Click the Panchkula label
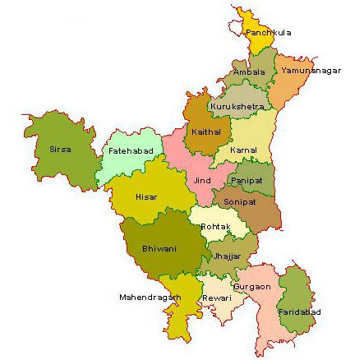(x=268, y=33)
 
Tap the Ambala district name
(x=249, y=72)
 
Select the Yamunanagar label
(x=310, y=72)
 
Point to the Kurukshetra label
(x=237, y=107)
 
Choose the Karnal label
(x=243, y=150)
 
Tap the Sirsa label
(x=61, y=150)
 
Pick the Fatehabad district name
(x=127, y=153)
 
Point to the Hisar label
(x=146, y=197)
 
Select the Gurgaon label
(x=253, y=287)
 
